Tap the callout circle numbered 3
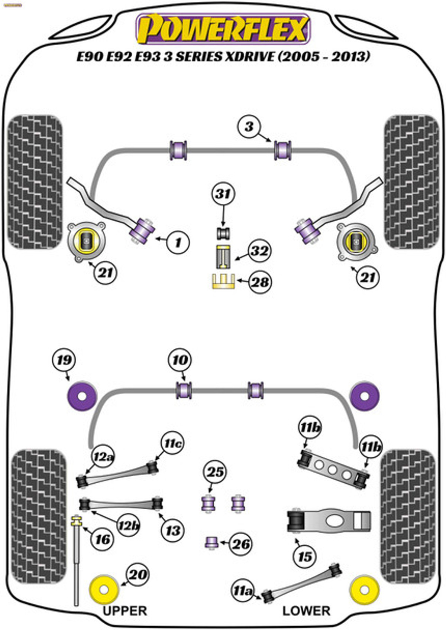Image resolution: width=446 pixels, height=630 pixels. pos(249,127)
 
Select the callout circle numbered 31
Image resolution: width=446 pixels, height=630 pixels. pos(223,194)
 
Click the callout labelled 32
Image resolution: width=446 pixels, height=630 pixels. pos(259,252)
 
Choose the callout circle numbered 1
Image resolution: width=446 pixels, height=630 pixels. pos(178,242)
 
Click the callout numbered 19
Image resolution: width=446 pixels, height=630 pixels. pos(64,360)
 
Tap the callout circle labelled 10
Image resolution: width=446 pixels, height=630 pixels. pos(180,360)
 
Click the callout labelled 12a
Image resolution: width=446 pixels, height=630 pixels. pos(103,457)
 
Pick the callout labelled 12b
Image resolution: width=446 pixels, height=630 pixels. pos(128,525)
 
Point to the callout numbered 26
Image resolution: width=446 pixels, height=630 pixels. pos(241,544)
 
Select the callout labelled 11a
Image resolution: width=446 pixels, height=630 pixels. pos(242,591)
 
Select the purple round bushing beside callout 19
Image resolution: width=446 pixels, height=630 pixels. pos(82,396)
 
